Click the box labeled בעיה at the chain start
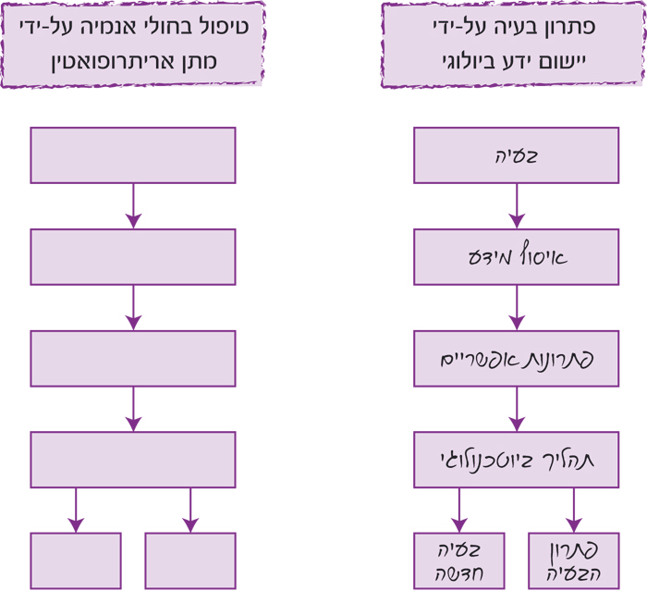tap(516, 155)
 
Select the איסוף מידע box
tap(516, 257)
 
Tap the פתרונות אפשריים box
tap(516, 359)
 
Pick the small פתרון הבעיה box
tap(573, 560)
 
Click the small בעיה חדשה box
tap(458, 560)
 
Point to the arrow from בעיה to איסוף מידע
tap(516, 206)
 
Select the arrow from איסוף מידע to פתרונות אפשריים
tap(516, 308)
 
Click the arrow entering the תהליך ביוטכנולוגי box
tap(516, 410)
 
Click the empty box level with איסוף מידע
tap(133, 257)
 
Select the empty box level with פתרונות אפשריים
tap(133, 359)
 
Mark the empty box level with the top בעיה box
tap(133, 155)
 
